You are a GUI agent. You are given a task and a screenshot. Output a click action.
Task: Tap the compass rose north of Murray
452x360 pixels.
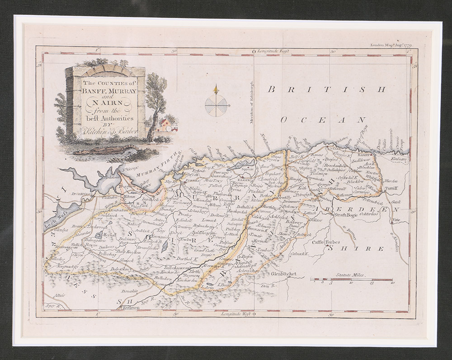(x=217, y=104)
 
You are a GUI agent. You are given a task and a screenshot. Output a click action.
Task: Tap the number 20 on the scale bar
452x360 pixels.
(x=392, y=284)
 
